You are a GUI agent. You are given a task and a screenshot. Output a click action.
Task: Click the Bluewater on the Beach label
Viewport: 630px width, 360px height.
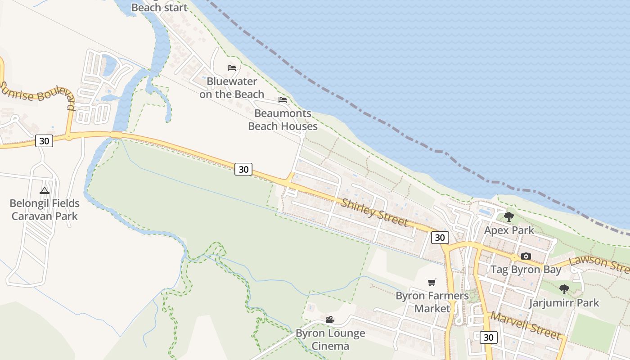[x=232, y=88]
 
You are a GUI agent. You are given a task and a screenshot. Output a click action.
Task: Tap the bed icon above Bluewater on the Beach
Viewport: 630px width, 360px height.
[x=232, y=68]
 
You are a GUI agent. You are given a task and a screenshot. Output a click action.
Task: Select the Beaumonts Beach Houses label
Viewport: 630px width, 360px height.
[x=283, y=120]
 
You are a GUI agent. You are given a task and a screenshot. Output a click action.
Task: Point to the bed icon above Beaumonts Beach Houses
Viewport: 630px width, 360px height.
[x=283, y=100]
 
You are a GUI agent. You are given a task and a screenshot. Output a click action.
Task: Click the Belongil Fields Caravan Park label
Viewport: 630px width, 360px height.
[x=45, y=210]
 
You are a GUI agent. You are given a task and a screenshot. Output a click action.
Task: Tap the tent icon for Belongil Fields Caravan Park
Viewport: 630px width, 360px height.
[x=44, y=190]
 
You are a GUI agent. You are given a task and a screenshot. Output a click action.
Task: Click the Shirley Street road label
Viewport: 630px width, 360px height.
[x=374, y=213]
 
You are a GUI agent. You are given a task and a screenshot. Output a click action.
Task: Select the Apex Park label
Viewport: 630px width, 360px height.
[x=509, y=230]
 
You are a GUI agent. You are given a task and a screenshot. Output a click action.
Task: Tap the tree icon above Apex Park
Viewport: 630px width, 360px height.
[x=509, y=217]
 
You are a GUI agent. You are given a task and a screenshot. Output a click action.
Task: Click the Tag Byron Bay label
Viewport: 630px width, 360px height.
[x=526, y=270]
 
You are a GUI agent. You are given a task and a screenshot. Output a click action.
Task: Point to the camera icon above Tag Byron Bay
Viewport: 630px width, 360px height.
[x=526, y=256]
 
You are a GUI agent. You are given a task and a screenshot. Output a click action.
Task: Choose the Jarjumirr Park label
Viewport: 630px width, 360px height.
[x=564, y=303]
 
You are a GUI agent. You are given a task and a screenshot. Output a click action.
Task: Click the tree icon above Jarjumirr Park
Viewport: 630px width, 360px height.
[x=564, y=289]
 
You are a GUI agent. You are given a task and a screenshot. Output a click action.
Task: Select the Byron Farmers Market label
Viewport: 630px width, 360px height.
[x=432, y=302]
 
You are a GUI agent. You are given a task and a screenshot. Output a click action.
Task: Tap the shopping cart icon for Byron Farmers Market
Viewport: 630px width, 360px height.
[x=432, y=283]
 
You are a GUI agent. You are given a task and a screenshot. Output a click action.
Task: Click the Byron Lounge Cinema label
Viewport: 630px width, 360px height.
[x=330, y=340]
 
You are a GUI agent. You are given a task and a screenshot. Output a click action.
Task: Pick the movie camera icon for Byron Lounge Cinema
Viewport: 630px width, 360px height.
[x=330, y=320]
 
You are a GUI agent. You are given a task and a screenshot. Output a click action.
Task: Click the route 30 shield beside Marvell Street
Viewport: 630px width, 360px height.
[x=488, y=337]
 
